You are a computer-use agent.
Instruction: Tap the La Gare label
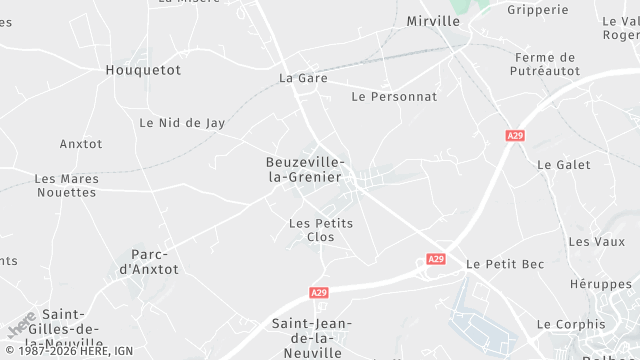tap(303, 77)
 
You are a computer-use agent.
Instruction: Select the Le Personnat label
tap(394, 97)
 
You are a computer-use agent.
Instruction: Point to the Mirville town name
tap(433, 20)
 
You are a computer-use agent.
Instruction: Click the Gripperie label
tap(537, 10)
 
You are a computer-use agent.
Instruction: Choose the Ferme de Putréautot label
tap(545, 64)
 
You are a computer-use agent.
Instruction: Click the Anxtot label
tap(81, 144)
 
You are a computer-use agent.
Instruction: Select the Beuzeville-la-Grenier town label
tap(306, 169)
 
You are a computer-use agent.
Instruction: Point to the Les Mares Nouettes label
tap(67, 185)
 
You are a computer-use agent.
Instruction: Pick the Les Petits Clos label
tap(320, 230)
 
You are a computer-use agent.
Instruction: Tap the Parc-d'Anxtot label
tap(149, 262)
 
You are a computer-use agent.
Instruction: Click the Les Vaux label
tap(589, 241)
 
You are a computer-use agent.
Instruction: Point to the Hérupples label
tap(601, 284)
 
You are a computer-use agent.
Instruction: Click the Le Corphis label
tap(571, 324)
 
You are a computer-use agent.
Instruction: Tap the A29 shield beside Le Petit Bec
tap(436, 259)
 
